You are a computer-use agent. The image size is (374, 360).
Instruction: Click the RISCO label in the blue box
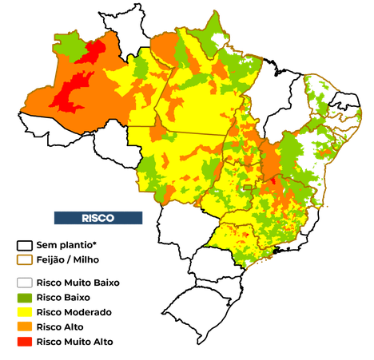click(97, 217)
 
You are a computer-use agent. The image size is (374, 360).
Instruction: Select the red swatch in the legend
click(25, 342)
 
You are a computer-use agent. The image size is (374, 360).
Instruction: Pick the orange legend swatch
click(25, 326)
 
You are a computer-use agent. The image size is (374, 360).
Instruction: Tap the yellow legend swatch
click(25, 312)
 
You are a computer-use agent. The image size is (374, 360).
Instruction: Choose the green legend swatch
click(25, 298)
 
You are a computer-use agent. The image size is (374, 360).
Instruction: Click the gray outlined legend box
click(25, 283)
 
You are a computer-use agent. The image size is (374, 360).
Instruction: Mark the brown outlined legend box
click(25, 259)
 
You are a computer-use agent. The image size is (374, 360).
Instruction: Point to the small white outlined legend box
click(24, 244)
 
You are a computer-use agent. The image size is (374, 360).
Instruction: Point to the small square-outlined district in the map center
click(248, 188)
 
